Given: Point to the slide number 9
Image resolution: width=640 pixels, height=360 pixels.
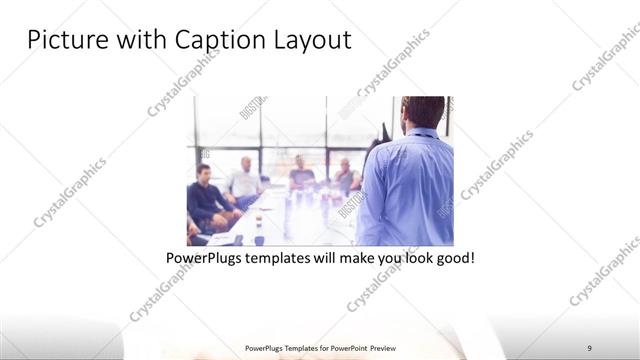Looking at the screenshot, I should point(590,347).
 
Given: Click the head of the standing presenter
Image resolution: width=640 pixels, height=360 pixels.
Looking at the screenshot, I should point(423,112).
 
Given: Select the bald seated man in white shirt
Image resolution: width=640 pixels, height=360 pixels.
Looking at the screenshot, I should point(244,180).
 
